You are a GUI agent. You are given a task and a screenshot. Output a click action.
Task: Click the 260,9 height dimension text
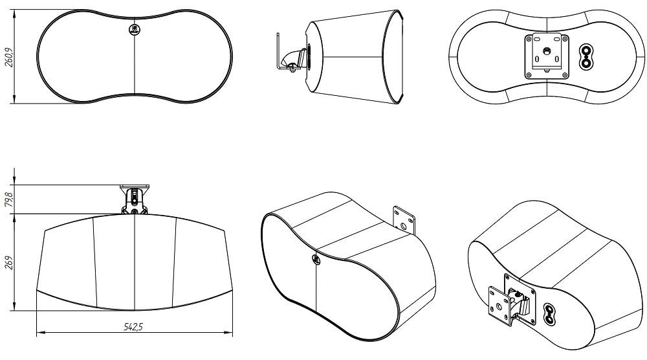pos(8,56)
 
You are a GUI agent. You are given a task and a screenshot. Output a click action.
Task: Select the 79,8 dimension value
pos(8,199)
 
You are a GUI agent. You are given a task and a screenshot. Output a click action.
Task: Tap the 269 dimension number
pos(8,263)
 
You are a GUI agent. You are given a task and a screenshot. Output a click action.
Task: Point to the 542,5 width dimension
pos(133,327)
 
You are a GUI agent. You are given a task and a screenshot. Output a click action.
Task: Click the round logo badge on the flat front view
pos(135,29)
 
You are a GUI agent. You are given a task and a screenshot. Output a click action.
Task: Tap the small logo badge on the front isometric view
pos(315,259)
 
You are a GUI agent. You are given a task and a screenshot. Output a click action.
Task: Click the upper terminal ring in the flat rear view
pos(586,51)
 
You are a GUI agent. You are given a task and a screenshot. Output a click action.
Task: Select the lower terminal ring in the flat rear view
pos(586,63)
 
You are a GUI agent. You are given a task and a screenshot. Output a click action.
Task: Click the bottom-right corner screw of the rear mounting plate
pos(565,75)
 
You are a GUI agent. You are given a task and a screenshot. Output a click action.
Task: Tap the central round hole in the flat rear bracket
pos(547,51)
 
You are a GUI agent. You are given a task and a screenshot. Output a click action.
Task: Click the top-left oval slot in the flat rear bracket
pos(536,39)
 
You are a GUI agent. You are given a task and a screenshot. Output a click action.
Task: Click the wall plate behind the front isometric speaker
pos(404,220)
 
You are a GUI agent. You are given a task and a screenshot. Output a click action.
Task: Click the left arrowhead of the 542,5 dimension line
pos(39,332)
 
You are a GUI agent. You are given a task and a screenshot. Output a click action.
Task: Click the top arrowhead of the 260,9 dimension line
pos(14,14)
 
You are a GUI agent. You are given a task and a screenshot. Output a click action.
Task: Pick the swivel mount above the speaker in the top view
pos(135,199)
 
